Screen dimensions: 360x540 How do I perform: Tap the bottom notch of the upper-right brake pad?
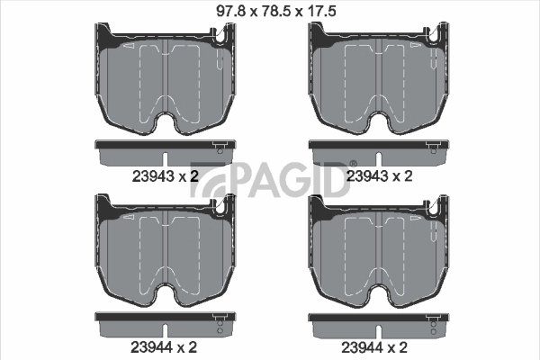pos(379,122)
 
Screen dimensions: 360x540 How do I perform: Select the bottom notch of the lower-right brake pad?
pos(379,293)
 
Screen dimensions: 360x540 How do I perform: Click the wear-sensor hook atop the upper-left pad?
pos(218,36)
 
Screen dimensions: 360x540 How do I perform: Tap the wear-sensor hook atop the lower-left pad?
pos(218,207)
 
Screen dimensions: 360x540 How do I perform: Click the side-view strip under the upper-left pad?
pos(165,149)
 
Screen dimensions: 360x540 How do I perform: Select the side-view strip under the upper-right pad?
pos(379,149)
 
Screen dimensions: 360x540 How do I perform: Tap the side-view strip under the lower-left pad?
pos(165,320)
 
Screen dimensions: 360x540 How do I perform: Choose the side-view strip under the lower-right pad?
pos(379,320)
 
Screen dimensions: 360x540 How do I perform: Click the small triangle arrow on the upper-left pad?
pos(131,46)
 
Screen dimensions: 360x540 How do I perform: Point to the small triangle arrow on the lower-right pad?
pos(346,217)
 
